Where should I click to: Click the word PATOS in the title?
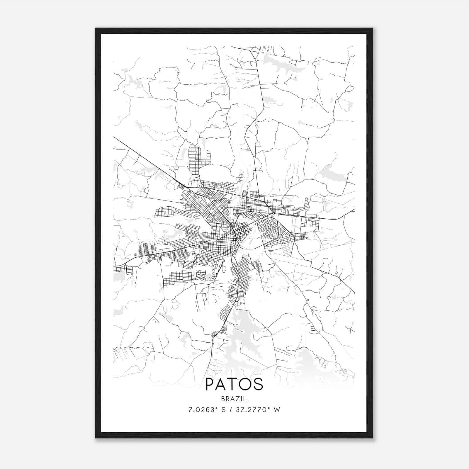point(234,384)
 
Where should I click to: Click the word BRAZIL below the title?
point(234,399)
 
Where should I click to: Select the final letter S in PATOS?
point(258,384)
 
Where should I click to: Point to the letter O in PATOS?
point(246,384)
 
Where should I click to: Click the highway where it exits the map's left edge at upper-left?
point(114,137)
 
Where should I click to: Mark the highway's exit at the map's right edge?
point(354,210)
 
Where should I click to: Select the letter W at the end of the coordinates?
point(277,409)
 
